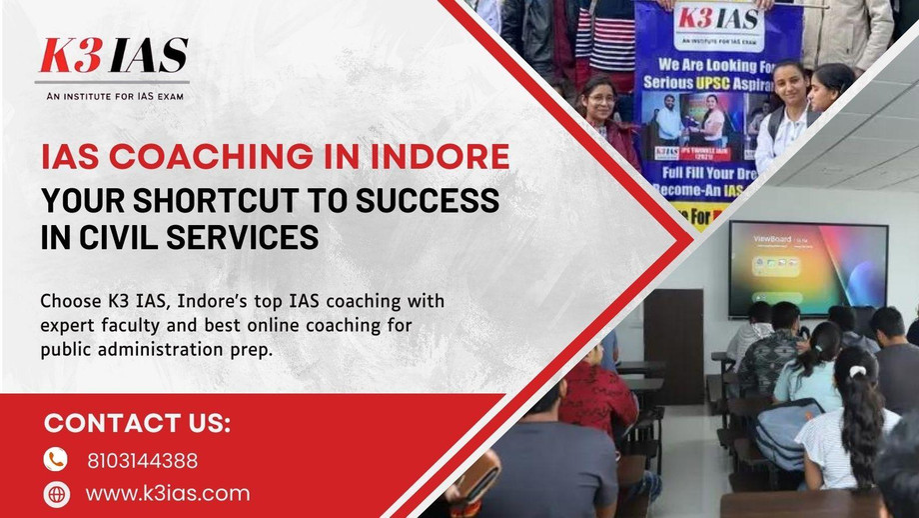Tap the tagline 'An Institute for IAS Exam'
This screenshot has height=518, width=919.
[x=113, y=96]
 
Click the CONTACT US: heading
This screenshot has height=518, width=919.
[x=137, y=424]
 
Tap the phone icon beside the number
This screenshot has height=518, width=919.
[x=56, y=460]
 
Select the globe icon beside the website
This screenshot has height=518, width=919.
[x=56, y=493]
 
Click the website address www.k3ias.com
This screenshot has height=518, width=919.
[x=167, y=493]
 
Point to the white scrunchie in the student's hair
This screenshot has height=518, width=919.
[x=856, y=371]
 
